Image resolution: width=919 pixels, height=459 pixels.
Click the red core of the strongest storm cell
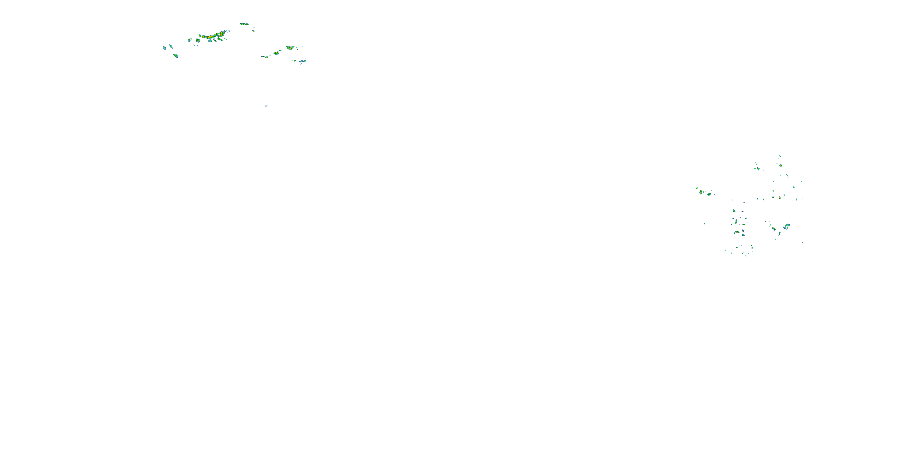221,34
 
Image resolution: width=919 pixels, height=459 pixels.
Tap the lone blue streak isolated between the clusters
266,106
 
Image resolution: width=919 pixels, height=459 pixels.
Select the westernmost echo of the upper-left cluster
165,47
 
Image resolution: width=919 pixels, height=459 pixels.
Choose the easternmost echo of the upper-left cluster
304,61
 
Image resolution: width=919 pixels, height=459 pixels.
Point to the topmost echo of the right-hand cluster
780,156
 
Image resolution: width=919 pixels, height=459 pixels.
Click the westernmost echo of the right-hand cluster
697,188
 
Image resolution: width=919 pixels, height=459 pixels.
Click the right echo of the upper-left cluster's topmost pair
247,24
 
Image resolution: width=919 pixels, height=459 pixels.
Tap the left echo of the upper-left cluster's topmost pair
242,24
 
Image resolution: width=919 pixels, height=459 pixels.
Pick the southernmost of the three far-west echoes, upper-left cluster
176,56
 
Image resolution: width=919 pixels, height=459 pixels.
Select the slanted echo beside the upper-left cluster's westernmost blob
171,46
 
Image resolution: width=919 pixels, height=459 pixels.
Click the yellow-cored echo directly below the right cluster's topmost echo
781,165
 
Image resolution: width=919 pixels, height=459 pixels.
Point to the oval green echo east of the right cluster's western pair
709,194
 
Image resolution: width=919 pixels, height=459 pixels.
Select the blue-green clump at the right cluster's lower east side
787,226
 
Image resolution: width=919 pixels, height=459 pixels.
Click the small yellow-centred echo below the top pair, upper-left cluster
254,31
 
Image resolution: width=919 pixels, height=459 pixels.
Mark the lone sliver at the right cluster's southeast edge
802,243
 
